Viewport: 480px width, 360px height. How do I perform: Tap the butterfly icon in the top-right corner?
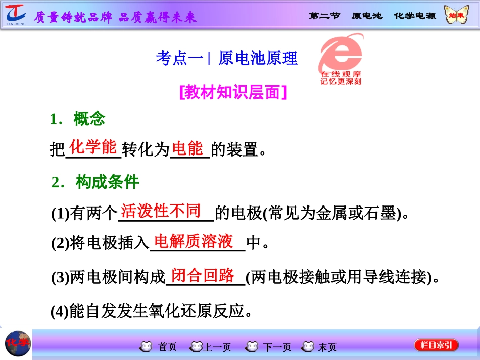[x=456, y=15]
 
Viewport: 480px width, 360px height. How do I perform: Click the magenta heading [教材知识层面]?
[x=233, y=92]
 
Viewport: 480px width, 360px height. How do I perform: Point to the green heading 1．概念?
[x=78, y=119]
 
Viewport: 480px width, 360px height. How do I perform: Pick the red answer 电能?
[x=187, y=148]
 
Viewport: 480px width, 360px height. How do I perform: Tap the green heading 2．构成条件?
[x=95, y=182]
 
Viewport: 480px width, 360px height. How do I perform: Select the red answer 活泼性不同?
[x=161, y=211]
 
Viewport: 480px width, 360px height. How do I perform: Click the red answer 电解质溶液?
[x=194, y=241]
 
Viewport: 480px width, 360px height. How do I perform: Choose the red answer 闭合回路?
[x=203, y=275]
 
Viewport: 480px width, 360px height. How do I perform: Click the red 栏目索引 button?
[x=436, y=345]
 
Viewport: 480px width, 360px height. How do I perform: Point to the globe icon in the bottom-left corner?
[x=17, y=344]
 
